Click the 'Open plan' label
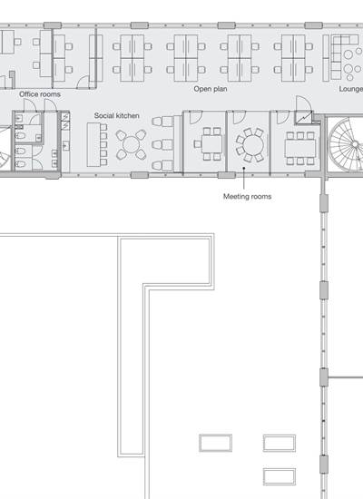pyautogui.click(x=211, y=89)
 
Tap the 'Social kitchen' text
pyautogui.click(x=116, y=115)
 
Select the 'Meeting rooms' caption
pyautogui.click(x=248, y=196)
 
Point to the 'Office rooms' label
pyautogui.click(x=40, y=94)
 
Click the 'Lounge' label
pyautogui.click(x=350, y=89)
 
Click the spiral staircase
pyautogui.click(x=347, y=145)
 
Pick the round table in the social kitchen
pyautogui.click(x=132, y=144)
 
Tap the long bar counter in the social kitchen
pyautogui.click(x=93, y=144)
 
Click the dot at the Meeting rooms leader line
pyautogui.click(x=244, y=168)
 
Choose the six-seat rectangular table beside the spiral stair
pyautogui.click(x=300, y=148)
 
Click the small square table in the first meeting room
pyautogui.click(x=211, y=144)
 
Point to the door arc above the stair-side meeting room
pyautogui.click(x=303, y=103)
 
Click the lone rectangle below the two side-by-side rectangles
pyautogui.click(x=280, y=476)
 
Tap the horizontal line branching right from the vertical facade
pyautogui.click(x=345, y=377)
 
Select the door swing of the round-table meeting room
pyautogui.click(x=240, y=117)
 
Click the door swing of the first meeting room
pyautogui.click(x=196, y=117)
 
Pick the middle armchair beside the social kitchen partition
pyautogui.click(x=162, y=144)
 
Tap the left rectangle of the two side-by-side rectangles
pyautogui.click(x=216, y=443)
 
